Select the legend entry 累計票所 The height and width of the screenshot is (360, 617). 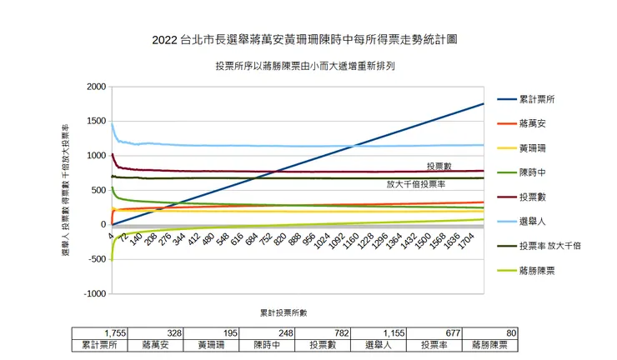537,99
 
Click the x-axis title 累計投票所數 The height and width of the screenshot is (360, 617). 283,313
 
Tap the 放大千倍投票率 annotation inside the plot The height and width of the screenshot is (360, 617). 415,184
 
